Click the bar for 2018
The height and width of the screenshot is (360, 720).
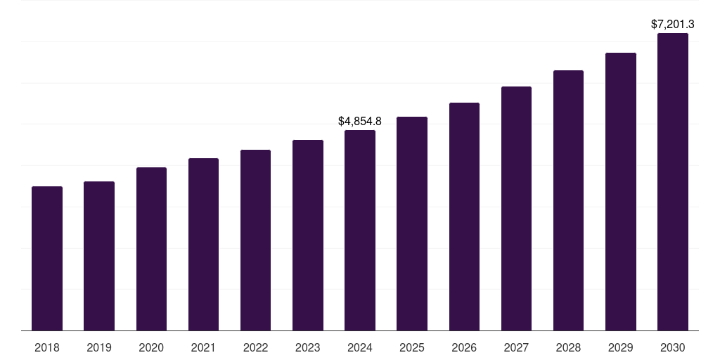pos(47,259)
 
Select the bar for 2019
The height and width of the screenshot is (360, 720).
pos(99,256)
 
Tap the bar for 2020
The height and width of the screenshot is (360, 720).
pos(151,249)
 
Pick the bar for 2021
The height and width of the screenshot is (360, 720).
pos(203,245)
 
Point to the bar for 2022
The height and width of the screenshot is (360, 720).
pos(255,240)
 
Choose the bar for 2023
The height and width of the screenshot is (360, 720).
pos(308,236)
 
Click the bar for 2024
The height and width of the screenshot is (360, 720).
pos(360,231)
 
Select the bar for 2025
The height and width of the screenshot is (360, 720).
pos(412,224)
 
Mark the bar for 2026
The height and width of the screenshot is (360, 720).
pos(464,217)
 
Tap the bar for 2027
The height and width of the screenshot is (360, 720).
pos(516,209)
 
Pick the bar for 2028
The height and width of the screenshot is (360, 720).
pos(568,200)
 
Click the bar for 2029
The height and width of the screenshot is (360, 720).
pos(621,192)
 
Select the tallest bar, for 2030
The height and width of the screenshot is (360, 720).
pos(673,182)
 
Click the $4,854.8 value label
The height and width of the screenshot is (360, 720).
pos(360,122)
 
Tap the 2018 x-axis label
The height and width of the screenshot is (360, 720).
pos(47,347)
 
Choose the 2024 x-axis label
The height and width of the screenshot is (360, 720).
pos(360,347)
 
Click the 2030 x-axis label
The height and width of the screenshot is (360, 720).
pos(673,347)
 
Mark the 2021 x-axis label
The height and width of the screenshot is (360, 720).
pos(203,347)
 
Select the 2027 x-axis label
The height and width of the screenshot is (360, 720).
pos(516,347)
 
